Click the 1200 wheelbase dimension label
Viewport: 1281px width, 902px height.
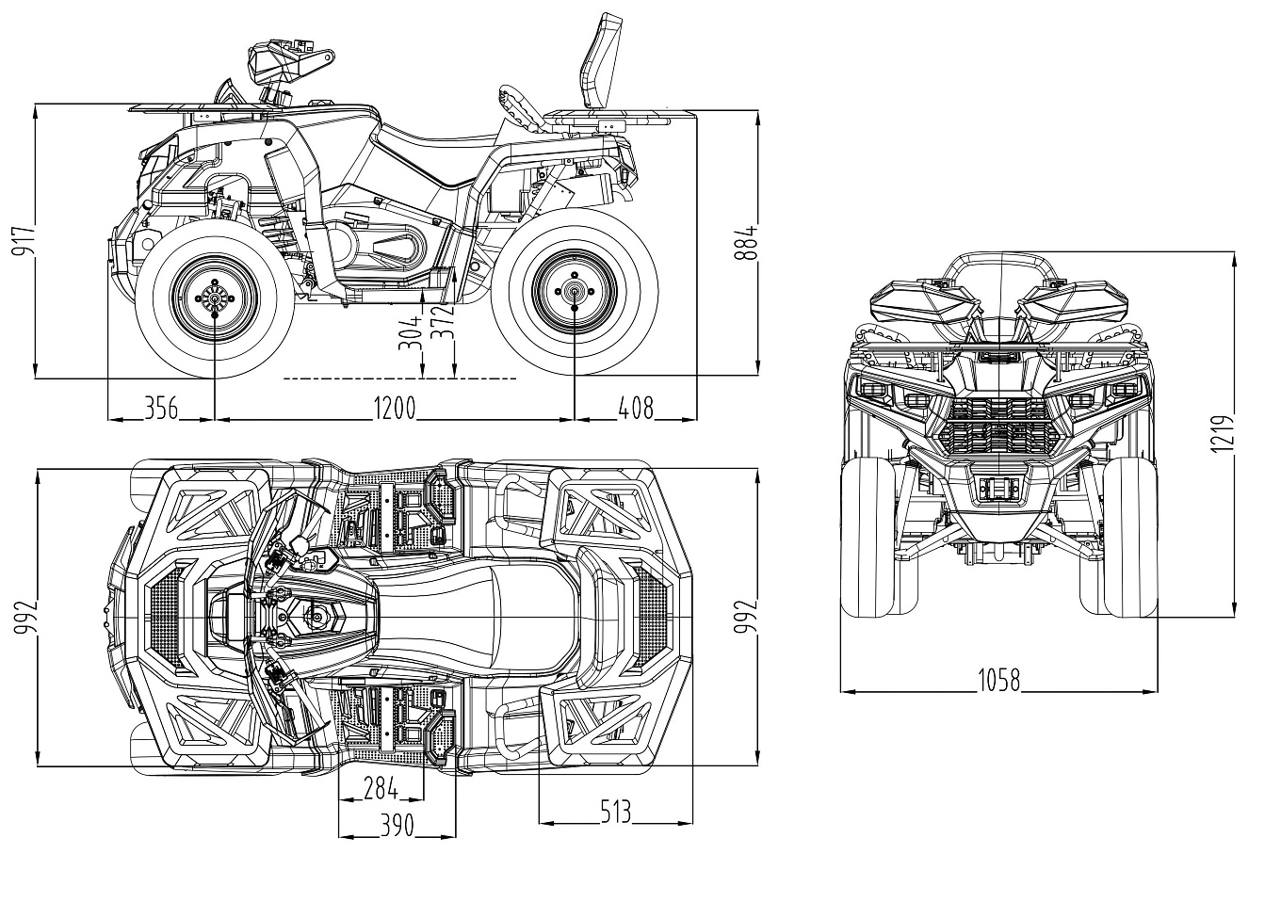coord(395,408)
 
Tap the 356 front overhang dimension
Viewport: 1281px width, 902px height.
coord(161,408)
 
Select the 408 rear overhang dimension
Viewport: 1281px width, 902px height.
coord(634,408)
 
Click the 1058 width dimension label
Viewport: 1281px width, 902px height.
coord(998,680)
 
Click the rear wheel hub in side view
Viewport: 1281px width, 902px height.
coord(574,293)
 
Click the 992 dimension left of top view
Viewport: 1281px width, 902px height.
coord(24,617)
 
